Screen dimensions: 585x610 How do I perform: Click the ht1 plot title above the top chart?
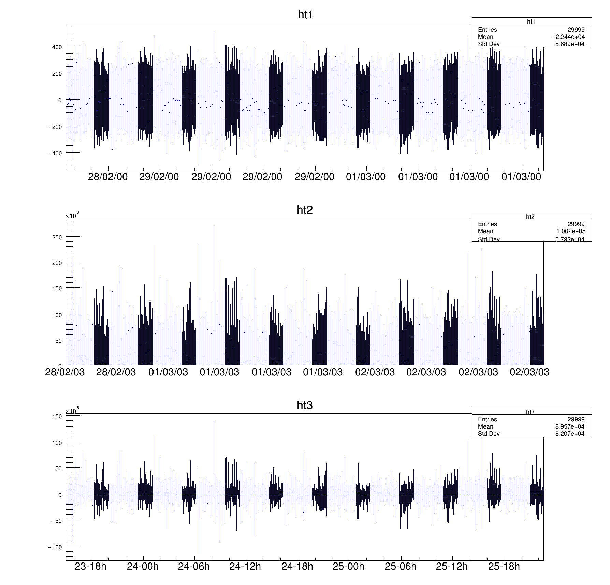[305, 15]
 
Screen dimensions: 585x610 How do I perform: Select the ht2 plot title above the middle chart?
[305, 210]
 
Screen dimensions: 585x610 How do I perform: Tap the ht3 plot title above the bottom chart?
[305, 405]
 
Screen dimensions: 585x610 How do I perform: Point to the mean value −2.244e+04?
[568, 37]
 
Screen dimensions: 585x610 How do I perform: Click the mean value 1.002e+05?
[570, 231]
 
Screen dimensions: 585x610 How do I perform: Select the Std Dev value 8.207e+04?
[570, 434]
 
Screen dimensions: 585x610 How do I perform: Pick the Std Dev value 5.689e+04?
[570, 44]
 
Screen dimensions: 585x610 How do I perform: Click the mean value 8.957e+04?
[570, 426]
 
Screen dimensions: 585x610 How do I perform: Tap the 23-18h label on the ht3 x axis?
[90, 566]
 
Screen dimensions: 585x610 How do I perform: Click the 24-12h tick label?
[245, 566]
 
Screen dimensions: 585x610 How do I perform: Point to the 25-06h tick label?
[401, 566]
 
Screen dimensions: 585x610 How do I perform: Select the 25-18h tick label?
[504, 566]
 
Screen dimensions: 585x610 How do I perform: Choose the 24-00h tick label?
[143, 566]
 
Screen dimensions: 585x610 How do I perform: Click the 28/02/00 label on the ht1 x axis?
[108, 177]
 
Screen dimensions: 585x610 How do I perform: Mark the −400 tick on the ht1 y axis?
[55, 154]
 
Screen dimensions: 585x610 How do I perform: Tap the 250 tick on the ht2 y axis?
[57, 237]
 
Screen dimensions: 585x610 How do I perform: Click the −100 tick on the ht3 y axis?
[55, 547]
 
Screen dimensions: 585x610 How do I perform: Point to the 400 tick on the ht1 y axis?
[57, 47]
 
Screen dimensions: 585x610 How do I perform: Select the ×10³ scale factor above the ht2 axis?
[72, 215]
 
